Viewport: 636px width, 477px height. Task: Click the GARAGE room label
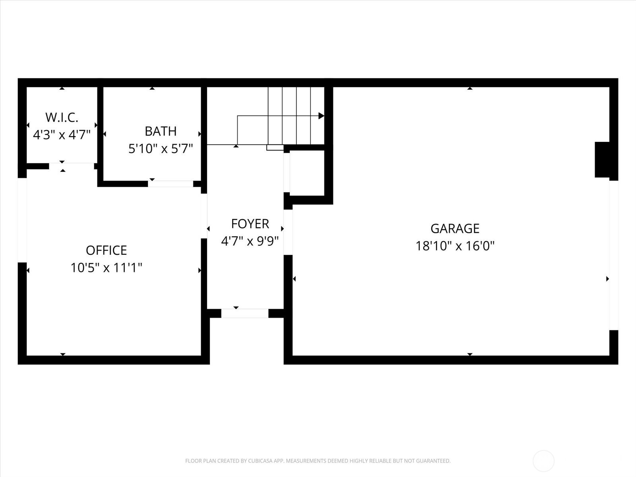coord(455,229)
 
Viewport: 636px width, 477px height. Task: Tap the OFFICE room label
coord(106,250)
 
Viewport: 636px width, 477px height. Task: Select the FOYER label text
coord(250,224)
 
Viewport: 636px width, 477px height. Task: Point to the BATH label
coord(161,131)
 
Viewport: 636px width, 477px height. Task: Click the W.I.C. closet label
coord(62,117)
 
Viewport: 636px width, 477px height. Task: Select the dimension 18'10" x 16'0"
coord(455,246)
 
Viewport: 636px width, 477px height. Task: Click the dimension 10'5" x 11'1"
coord(106,268)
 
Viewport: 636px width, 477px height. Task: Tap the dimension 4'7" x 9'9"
coord(250,241)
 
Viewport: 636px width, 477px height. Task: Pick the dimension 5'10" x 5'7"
coord(161,149)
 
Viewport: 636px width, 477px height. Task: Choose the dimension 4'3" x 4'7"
coord(62,135)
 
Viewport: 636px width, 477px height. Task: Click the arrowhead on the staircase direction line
coord(321,116)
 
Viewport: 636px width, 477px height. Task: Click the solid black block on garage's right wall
coord(602,159)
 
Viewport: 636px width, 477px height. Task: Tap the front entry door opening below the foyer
coord(244,313)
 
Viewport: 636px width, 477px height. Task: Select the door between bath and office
coord(171,184)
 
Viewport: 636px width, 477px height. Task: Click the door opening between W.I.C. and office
coord(72,166)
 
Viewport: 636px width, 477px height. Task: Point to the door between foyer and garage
coord(288,232)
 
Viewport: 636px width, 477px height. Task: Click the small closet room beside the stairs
coord(307,173)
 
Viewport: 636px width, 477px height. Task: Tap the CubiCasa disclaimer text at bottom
coord(318,461)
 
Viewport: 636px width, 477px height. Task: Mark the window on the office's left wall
coord(22,220)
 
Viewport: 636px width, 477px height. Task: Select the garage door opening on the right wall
coord(614,255)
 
